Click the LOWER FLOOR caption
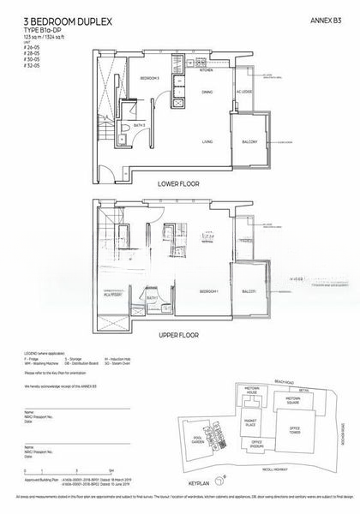(179, 184)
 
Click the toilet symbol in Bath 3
(126, 132)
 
